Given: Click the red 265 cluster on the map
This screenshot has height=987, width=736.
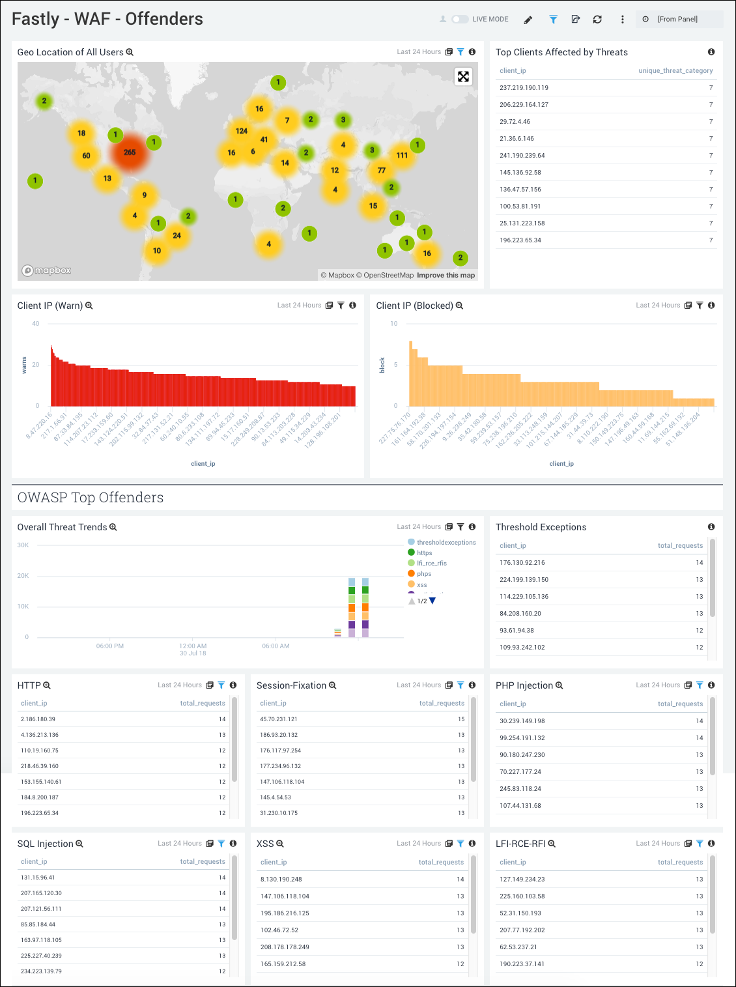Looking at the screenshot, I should point(130,152).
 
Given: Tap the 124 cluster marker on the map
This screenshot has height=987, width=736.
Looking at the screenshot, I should point(242,131).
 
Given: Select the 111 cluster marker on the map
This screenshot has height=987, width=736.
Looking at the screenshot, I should point(402,155).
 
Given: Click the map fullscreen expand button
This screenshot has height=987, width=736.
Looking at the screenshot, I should point(463,77).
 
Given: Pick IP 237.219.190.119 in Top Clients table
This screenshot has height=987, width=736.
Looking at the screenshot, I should point(524,88).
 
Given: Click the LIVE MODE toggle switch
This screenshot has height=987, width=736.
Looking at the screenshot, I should point(460,20).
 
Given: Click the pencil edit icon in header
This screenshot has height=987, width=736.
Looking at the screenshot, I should point(528,20).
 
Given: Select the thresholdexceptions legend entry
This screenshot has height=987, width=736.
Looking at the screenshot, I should point(446,543).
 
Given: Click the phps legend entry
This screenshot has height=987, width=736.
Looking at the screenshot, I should point(424,574).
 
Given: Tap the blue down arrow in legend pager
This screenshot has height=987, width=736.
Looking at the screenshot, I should point(432,601).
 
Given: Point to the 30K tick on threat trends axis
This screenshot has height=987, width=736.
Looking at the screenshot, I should point(23,545).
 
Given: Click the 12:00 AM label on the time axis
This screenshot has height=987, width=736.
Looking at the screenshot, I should point(193,646).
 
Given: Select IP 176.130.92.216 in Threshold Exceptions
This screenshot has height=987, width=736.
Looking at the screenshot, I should point(522,563).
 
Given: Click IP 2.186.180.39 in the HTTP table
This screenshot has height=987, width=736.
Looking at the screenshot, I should point(38,719).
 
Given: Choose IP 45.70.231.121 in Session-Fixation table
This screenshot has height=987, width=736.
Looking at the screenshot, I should point(279,719).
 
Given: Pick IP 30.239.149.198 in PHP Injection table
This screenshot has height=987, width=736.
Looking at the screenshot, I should point(522,721).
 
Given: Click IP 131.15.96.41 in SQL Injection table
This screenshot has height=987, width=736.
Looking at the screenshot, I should point(38,878).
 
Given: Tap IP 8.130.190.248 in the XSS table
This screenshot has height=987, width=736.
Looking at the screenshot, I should point(281,880).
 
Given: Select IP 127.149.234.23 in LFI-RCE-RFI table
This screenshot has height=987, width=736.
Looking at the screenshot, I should point(522,880).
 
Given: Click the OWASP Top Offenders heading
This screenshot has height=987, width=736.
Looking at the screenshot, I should point(91,498).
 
